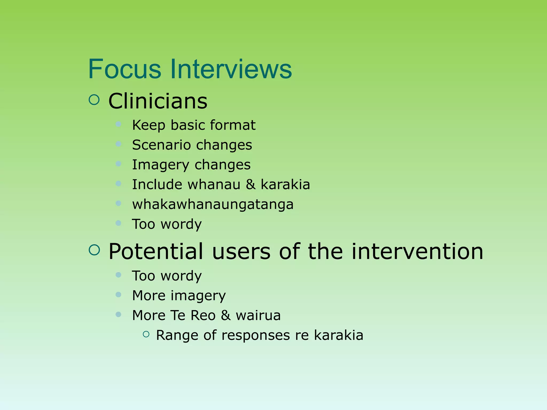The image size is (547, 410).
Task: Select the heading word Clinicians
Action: point(158,101)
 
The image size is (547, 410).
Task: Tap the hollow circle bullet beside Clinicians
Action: point(94,100)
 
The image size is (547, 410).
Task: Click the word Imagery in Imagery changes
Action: point(161,165)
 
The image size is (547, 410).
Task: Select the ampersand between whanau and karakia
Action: point(251,184)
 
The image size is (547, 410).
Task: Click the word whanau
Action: point(214,184)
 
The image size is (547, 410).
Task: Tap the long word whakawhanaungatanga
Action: point(213,204)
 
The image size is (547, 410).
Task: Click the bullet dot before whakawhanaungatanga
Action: point(119,203)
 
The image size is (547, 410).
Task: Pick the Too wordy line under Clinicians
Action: point(167,224)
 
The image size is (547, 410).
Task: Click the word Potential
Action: point(156,251)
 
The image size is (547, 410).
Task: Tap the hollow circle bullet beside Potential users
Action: point(94,250)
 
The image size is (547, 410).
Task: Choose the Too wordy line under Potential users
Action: point(167,276)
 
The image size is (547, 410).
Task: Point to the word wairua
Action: point(258,315)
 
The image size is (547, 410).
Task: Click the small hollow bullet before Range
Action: point(146,334)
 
